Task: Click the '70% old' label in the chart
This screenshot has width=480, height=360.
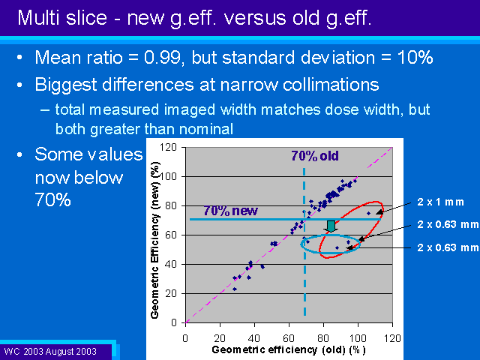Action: coord(315,156)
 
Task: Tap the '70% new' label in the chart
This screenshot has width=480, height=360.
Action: coord(230,211)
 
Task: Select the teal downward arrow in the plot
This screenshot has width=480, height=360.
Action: coord(331,226)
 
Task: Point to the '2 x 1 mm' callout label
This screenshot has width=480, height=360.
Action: coord(440,202)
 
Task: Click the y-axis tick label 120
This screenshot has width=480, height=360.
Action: coord(168,147)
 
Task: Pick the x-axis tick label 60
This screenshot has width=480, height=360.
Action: coord(289,338)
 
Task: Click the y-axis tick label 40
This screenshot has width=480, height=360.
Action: coord(171,264)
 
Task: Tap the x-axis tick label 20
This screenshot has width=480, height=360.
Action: coord(220,338)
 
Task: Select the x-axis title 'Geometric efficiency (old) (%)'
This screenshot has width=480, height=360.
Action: coord(289,349)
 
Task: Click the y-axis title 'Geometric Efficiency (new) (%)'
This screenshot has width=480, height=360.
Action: coord(155,240)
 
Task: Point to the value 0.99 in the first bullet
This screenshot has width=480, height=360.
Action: coord(162,57)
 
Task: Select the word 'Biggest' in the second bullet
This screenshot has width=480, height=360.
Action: coord(66,85)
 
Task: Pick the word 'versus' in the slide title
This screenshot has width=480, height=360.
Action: coord(255,18)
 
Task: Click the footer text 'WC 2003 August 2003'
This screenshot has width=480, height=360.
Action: coord(50,352)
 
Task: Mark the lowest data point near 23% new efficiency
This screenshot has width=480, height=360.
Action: coord(235,289)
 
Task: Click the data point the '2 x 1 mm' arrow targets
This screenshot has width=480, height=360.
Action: coord(368,213)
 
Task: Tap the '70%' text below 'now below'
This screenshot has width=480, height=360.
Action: coord(53,199)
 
